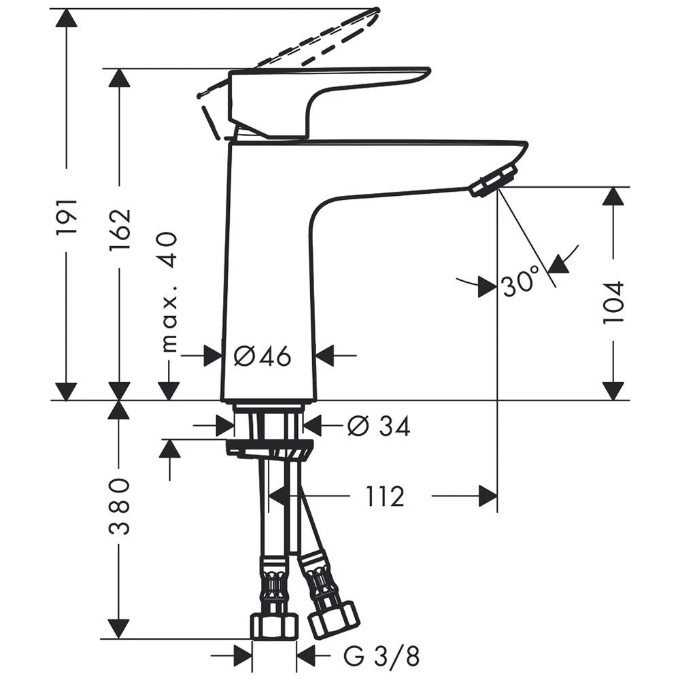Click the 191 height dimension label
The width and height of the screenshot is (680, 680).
pyautogui.click(x=67, y=217)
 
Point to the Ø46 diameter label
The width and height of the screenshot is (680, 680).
pyautogui.click(x=262, y=355)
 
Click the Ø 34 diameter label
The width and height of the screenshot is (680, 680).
pyautogui.click(x=378, y=426)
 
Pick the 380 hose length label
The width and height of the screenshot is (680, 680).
pyautogui.click(x=120, y=507)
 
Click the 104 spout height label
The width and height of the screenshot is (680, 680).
pyautogui.click(x=613, y=303)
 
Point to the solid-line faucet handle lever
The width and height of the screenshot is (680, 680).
pyautogui.click(x=326, y=88)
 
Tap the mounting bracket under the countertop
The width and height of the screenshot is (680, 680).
pyautogui.click(x=270, y=449)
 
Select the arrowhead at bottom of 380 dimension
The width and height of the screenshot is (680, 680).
pyautogui.click(x=120, y=629)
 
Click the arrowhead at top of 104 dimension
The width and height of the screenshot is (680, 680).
pyautogui.click(x=613, y=197)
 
